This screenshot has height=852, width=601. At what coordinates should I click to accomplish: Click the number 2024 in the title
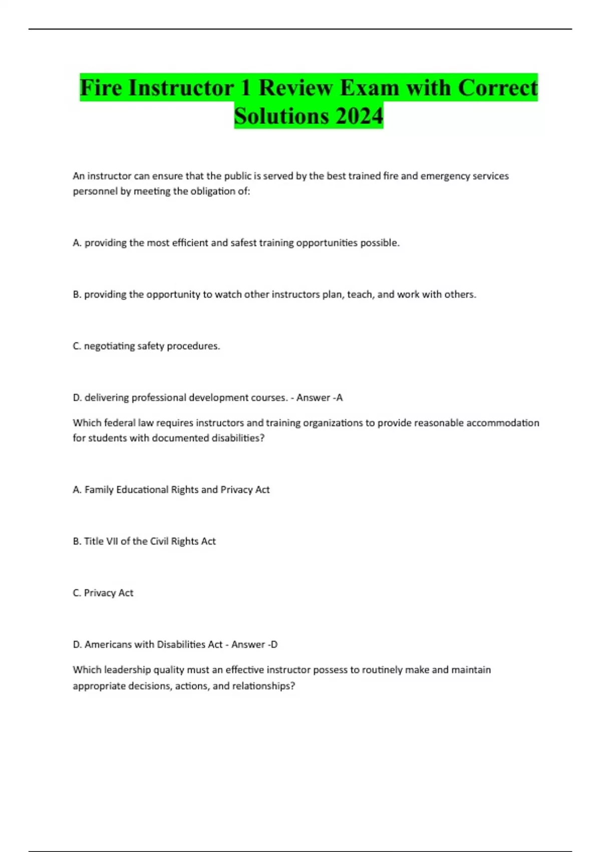point(359,116)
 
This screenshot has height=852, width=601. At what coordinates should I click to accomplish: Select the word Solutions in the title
point(281,116)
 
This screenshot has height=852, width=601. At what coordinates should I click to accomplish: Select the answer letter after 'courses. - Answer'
point(340,398)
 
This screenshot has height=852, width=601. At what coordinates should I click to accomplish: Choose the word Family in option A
point(99,490)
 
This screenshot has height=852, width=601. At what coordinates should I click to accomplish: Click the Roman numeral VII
point(112,541)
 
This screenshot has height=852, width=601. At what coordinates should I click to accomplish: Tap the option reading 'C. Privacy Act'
point(103,593)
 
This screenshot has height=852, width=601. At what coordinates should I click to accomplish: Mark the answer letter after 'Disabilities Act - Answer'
point(274,645)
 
